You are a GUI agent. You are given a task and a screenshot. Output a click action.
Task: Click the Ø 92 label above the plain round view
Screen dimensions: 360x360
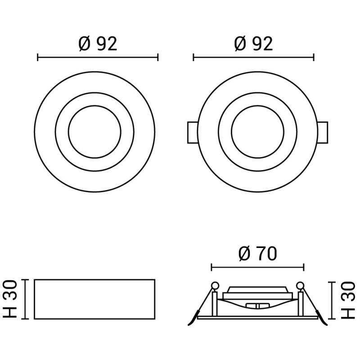pos(98,44)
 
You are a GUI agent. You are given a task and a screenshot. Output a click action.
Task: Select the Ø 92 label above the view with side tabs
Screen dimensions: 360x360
pos(253,44)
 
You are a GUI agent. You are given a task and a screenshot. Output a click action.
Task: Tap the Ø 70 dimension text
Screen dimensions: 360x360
pos(257,254)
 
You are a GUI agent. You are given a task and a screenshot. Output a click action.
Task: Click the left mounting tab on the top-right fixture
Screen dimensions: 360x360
pos(191,132)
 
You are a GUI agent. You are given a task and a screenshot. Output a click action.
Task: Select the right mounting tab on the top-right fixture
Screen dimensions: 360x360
pos(323,132)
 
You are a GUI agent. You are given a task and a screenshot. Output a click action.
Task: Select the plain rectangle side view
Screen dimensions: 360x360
pos(95,299)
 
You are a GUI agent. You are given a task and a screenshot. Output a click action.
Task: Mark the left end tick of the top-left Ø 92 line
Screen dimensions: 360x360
pos(38,58)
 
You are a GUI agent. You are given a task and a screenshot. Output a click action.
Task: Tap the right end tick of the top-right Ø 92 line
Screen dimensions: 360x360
pos(314,58)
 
